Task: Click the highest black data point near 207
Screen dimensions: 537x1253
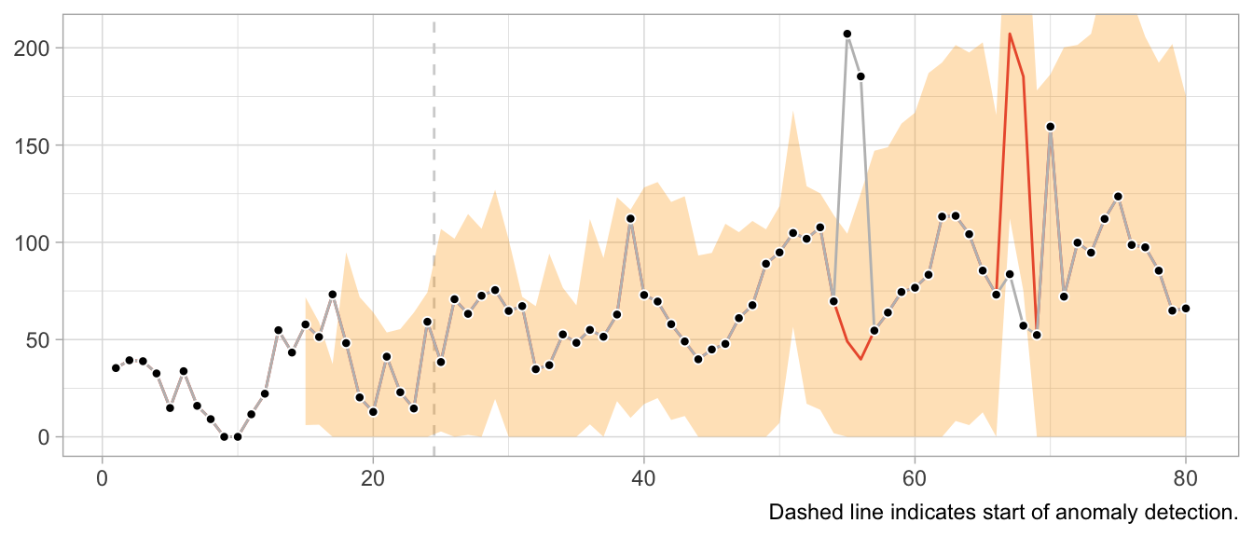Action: (847, 34)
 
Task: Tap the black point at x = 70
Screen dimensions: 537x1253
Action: (1050, 127)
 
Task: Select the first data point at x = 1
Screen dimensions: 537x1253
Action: (116, 368)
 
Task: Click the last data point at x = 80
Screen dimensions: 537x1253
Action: (1185, 309)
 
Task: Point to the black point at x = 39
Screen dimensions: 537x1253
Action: (630, 219)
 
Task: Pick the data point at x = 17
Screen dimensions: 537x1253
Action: (333, 295)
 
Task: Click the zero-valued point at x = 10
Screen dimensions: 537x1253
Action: (238, 436)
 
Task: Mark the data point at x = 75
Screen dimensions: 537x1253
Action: (1118, 197)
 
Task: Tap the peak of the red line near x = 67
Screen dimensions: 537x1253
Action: (1010, 34)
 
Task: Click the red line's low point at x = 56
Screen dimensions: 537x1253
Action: (861, 359)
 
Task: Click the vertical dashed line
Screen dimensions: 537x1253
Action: (434, 233)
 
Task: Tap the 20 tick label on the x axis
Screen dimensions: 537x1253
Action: (373, 481)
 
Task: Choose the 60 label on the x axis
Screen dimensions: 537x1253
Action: (915, 481)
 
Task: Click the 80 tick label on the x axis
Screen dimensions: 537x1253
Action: (1185, 481)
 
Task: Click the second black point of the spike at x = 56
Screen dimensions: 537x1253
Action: (861, 76)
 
